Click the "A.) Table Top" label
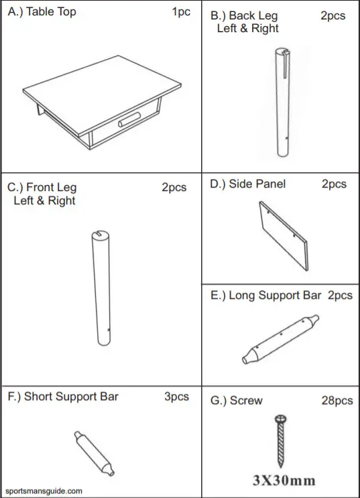42,12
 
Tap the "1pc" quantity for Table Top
181,12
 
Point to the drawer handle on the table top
129,123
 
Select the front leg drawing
101,288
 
